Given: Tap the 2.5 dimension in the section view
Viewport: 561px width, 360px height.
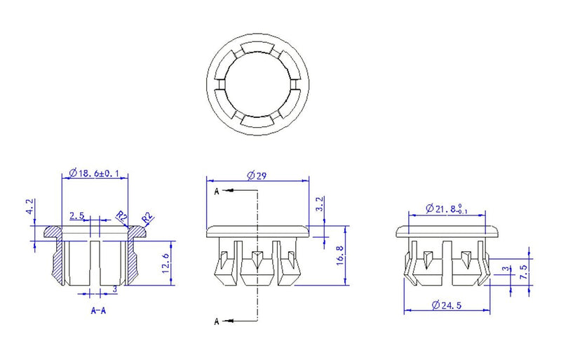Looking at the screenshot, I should [x=77, y=215].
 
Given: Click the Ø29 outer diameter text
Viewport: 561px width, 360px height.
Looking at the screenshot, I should [x=257, y=175].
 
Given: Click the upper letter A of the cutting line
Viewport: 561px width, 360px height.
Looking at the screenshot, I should [x=216, y=191].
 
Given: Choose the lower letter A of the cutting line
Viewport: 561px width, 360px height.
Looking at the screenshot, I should [x=216, y=321].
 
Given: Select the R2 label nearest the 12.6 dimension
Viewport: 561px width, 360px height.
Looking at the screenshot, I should [x=147, y=218].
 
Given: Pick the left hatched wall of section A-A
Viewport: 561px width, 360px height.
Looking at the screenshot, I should [x=58, y=256].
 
